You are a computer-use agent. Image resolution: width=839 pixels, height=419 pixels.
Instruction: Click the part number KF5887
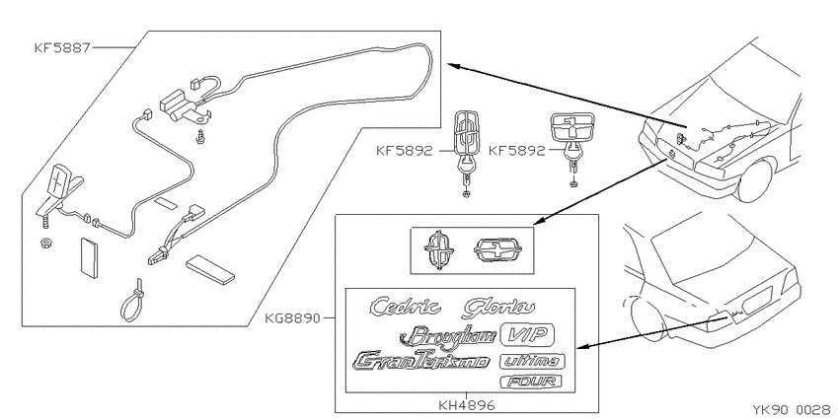coord(62,48)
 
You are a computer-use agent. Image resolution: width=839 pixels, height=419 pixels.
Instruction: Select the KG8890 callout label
coord(292,319)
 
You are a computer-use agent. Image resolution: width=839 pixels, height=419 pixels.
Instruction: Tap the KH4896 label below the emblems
coord(467,405)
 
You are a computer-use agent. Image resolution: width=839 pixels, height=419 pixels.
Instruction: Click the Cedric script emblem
coord(405,307)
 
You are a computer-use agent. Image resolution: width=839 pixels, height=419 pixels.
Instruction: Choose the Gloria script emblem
coord(498,308)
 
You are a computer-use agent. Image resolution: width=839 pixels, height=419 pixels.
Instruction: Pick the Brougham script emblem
coord(448,335)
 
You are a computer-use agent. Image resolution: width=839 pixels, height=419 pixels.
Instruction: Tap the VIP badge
coord(527,335)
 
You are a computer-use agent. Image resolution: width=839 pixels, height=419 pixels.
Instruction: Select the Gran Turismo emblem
coord(421,361)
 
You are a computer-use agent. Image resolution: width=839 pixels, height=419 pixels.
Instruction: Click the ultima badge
coord(532,361)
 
